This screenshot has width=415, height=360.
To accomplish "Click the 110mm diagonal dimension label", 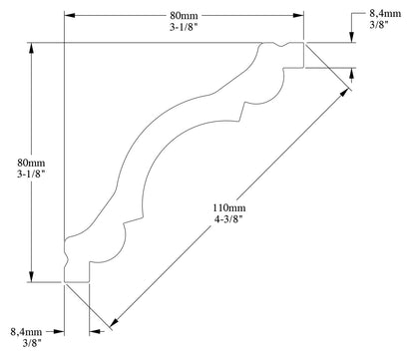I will click(x=228, y=208).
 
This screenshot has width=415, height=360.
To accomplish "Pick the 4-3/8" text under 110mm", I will click(x=228, y=223).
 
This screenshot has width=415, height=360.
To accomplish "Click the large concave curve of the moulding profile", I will click(x=160, y=150).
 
